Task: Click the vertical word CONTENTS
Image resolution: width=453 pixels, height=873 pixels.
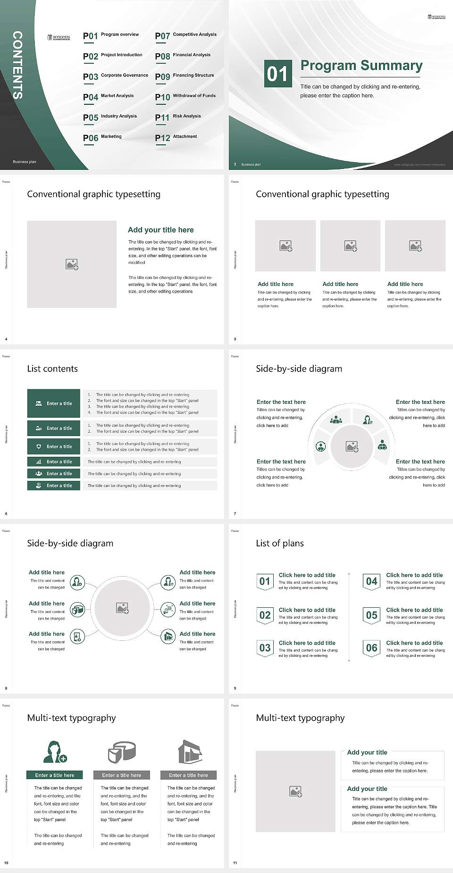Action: (x=17, y=65)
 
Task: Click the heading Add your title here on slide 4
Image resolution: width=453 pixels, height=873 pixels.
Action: (x=160, y=230)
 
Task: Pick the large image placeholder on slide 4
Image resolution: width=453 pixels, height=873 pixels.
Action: (x=72, y=264)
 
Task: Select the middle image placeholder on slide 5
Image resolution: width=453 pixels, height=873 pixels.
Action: (x=350, y=246)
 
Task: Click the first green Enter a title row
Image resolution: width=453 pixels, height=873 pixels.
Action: (x=54, y=403)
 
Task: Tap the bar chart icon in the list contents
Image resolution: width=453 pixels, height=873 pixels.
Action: (x=39, y=462)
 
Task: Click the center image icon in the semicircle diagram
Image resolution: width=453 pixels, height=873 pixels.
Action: (x=352, y=446)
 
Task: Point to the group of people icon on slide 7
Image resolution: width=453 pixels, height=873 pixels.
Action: (x=336, y=419)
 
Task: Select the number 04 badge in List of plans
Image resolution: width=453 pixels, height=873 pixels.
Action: (x=372, y=581)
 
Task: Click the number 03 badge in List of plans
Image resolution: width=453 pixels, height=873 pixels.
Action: (x=265, y=648)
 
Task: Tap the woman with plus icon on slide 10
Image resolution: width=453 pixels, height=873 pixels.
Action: (x=55, y=752)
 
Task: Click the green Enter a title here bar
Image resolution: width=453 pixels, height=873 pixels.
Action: (x=55, y=775)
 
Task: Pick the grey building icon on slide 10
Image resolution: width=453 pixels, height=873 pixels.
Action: (x=190, y=752)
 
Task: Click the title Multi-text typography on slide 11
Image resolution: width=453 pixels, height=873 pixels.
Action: (x=300, y=718)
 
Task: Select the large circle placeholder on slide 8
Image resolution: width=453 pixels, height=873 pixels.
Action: (x=122, y=608)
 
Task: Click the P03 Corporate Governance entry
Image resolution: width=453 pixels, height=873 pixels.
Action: (x=116, y=76)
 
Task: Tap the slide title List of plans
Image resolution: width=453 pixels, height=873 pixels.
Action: (x=280, y=543)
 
